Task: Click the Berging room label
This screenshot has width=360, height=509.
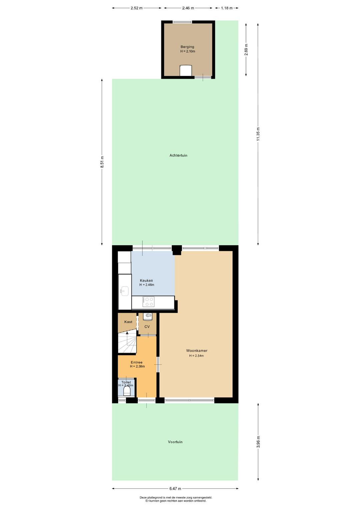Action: pos(187,47)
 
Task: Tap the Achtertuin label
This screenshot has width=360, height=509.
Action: pos(178,155)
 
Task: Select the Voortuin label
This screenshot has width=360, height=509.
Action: pos(175,442)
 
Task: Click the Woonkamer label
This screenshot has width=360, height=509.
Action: pos(197,351)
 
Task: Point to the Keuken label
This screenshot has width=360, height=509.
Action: pos(146,281)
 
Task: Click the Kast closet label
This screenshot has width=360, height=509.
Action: pos(128,322)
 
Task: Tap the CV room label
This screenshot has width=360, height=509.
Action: pos(147,327)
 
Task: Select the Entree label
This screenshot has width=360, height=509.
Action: pos(137,362)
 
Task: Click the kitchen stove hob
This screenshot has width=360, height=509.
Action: pos(148,302)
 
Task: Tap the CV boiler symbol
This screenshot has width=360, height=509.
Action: pos(148,316)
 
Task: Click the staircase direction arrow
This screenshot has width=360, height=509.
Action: pos(127,333)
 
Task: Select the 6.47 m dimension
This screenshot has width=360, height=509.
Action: pos(175,489)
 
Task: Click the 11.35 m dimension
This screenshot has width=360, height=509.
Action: pos(258,134)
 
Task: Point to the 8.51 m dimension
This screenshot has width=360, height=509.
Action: pos(102,162)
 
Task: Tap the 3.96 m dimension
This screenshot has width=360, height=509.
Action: pos(258,442)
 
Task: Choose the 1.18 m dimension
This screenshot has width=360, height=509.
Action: pos(227,8)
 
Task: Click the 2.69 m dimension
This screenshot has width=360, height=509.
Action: pos(246,50)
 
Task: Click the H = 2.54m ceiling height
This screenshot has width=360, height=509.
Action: pos(197,356)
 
